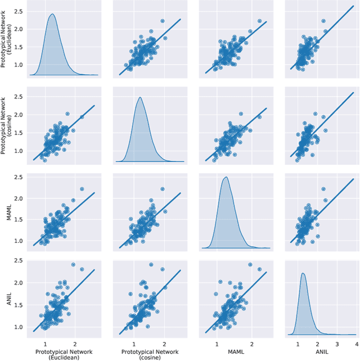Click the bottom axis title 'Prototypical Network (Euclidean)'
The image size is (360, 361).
[62, 354]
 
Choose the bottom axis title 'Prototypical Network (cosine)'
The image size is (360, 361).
[148, 354]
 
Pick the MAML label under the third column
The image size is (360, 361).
[235, 351]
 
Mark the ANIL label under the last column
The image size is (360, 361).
[320, 351]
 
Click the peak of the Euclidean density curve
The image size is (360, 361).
[52, 15]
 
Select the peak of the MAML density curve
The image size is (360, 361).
[226, 178]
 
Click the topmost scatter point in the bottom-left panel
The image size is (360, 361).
[73, 264]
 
